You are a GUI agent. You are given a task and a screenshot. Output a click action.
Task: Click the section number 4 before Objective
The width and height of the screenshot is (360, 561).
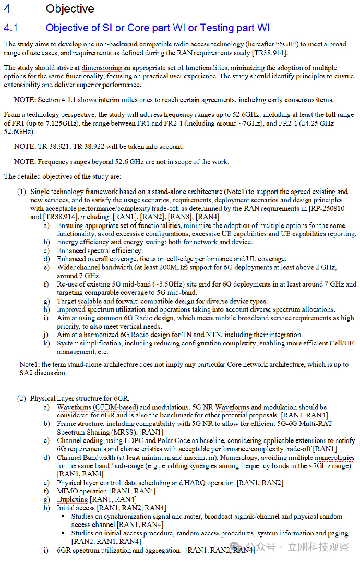tap(7, 9)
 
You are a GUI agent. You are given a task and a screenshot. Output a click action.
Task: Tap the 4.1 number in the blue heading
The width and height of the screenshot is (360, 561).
tap(11, 28)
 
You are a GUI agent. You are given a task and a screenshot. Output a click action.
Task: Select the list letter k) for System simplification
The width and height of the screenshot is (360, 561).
tap(46, 343)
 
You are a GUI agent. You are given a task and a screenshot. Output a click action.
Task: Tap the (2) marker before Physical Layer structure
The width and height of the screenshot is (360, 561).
tap(21, 398)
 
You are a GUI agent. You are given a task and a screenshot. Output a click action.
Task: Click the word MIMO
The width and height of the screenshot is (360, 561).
tap(67, 491)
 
